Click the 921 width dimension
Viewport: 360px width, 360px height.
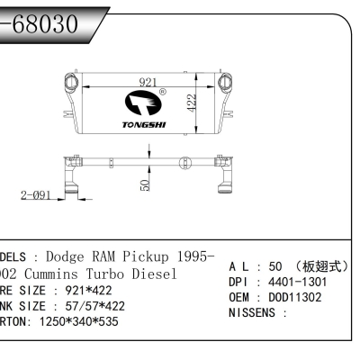(x=148, y=82)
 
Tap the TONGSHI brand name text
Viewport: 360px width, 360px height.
(x=141, y=126)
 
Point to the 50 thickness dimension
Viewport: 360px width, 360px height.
(x=145, y=184)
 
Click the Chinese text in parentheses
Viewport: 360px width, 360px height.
(x=329, y=268)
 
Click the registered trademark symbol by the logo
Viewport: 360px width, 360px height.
(x=162, y=92)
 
